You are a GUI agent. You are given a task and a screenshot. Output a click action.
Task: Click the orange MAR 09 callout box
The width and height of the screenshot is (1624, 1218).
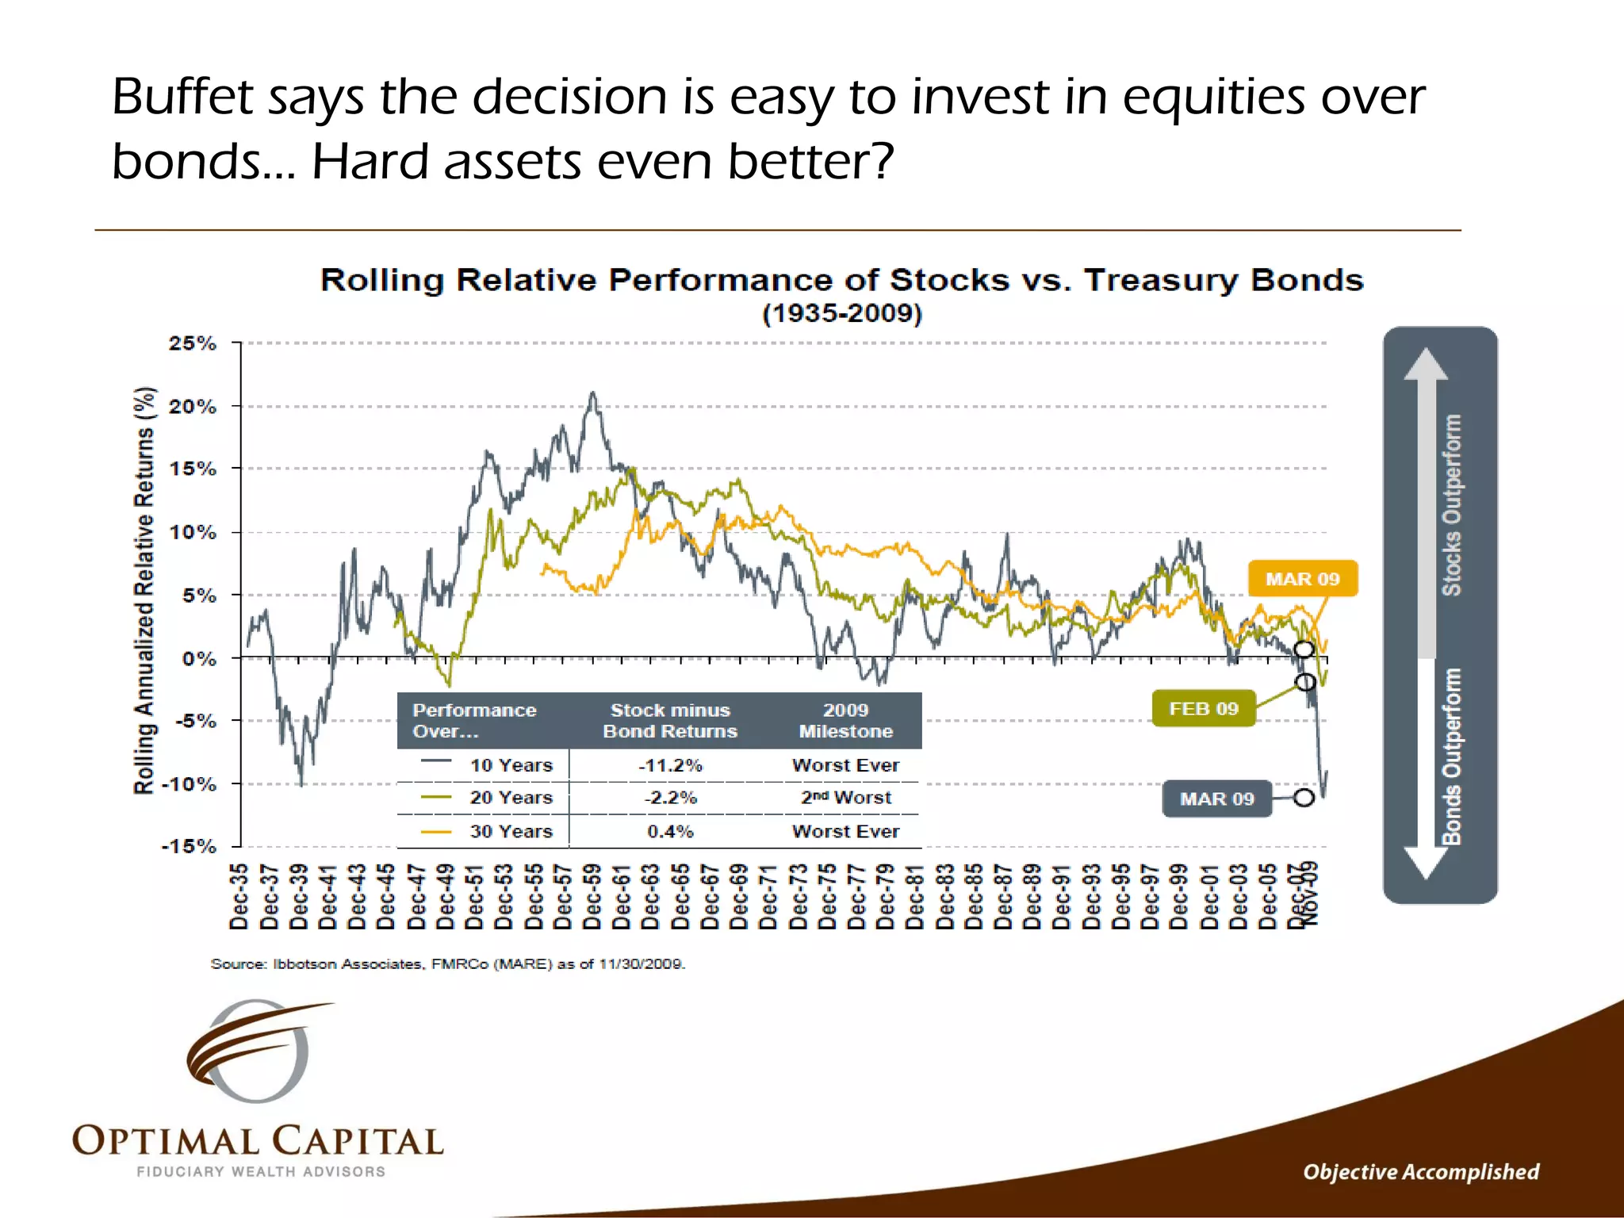pyautogui.click(x=1302, y=579)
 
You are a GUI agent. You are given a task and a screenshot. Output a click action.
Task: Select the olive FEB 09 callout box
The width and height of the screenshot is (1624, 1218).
pyautogui.click(x=1203, y=708)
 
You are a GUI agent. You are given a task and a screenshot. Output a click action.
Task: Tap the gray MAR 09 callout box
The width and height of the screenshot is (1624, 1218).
pyautogui.click(x=1216, y=799)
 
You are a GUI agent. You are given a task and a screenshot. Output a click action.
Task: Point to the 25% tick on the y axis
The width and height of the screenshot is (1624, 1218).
pyautogui.click(x=193, y=343)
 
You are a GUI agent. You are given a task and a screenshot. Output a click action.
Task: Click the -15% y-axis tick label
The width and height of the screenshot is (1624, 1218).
pyautogui.click(x=189, y=846)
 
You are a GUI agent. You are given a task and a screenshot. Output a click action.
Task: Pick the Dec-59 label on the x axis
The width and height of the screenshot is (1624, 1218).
pyautogui.click(x=592, y=896)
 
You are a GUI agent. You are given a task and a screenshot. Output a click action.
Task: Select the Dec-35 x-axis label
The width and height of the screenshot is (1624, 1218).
pyautogui.click(x=239, y=896)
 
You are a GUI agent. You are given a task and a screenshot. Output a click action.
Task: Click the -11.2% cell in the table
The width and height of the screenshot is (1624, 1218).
pyautogui.click(x=670, y=765)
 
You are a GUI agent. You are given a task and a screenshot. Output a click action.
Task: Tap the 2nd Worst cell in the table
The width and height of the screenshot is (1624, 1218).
pyautogui.click(x=845, y=798)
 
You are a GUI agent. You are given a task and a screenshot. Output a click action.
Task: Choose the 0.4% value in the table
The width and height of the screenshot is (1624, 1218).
pyautogui.click(x=670, y=831)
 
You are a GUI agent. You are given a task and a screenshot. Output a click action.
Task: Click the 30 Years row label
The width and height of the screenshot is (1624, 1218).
pyautogui.click(x=511, y=831)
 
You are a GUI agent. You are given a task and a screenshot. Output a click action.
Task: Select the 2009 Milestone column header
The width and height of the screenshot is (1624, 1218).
pyautogui.click(x=845, y=720)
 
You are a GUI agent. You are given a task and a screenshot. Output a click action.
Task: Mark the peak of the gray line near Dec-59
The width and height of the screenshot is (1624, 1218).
pyautogui.click(x=592, y=393)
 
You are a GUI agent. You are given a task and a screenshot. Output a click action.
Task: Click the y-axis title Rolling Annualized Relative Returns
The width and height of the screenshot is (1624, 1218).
pyautogui.click(x=144, y=591)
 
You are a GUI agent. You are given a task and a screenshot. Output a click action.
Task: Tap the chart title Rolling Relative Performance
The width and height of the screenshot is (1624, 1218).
pyautogui.click(x=841, y=280)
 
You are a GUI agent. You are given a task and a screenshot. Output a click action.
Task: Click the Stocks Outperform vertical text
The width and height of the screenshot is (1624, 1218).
pyautogui.click(x=1450, y=505)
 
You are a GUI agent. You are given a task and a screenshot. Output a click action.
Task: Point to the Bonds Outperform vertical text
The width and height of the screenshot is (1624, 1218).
pyautogui.click(x=1450, y=756)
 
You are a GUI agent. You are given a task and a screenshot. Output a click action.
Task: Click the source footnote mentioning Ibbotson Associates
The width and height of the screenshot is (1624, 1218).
pyautogui.click(x=447, y=964)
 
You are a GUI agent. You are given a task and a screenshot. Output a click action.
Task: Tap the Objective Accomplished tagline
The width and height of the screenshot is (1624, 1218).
pyautogui.click(x=1420, y=1171)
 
